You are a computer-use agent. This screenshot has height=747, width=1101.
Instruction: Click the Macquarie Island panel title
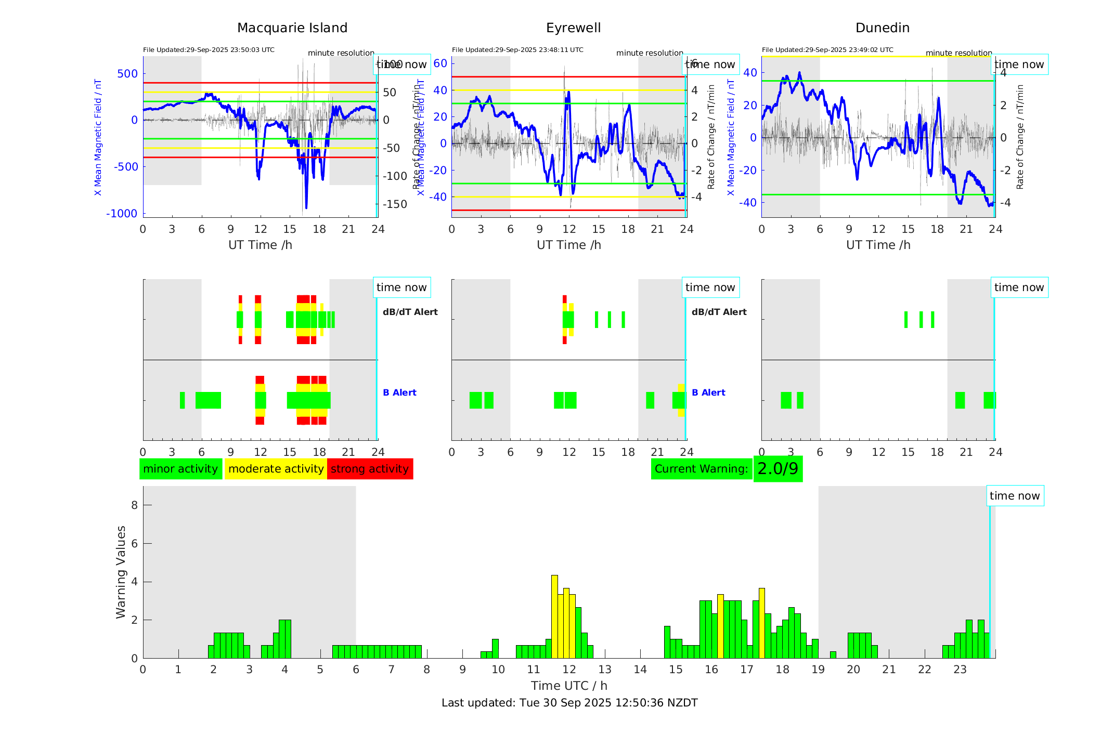coord(292,28)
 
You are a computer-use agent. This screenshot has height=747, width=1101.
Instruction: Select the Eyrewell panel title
coord(573,28)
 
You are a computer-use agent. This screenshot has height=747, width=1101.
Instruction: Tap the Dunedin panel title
coord(882,28)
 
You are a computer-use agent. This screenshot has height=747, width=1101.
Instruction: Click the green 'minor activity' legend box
coord(180,469)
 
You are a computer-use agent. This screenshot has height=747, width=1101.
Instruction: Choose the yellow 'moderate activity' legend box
coord(276,469)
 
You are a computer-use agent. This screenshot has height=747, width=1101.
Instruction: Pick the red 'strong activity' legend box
coord(370,469)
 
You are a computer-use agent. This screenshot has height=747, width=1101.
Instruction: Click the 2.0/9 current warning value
coord(778,469)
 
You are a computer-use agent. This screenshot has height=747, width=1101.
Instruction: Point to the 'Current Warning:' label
coord(701,469)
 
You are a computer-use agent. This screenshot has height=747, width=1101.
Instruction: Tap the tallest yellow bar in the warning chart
coord(554,616)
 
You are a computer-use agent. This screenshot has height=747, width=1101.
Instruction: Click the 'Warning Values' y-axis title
coord(121,572)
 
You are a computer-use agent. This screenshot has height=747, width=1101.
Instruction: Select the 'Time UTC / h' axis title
coord(569,686)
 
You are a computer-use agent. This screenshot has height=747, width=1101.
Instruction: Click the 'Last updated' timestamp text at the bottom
coord(569,703)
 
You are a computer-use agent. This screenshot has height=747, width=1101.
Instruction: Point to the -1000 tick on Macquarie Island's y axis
coord(122,214)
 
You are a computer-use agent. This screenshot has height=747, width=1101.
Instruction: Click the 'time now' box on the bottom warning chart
coord(1014,496)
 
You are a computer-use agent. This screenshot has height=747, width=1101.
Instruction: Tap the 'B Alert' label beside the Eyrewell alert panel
coord(708,392)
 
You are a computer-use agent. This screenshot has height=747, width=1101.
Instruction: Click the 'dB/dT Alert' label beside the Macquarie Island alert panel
coord(410,312)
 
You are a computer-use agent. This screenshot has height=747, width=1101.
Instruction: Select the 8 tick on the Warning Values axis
coord(134,505)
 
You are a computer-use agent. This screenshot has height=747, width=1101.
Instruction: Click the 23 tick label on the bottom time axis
coord(960,670)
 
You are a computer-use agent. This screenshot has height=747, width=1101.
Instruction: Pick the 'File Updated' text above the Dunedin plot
coord(827,50)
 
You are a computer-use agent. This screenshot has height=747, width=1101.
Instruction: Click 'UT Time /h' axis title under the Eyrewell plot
coord(569,245)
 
